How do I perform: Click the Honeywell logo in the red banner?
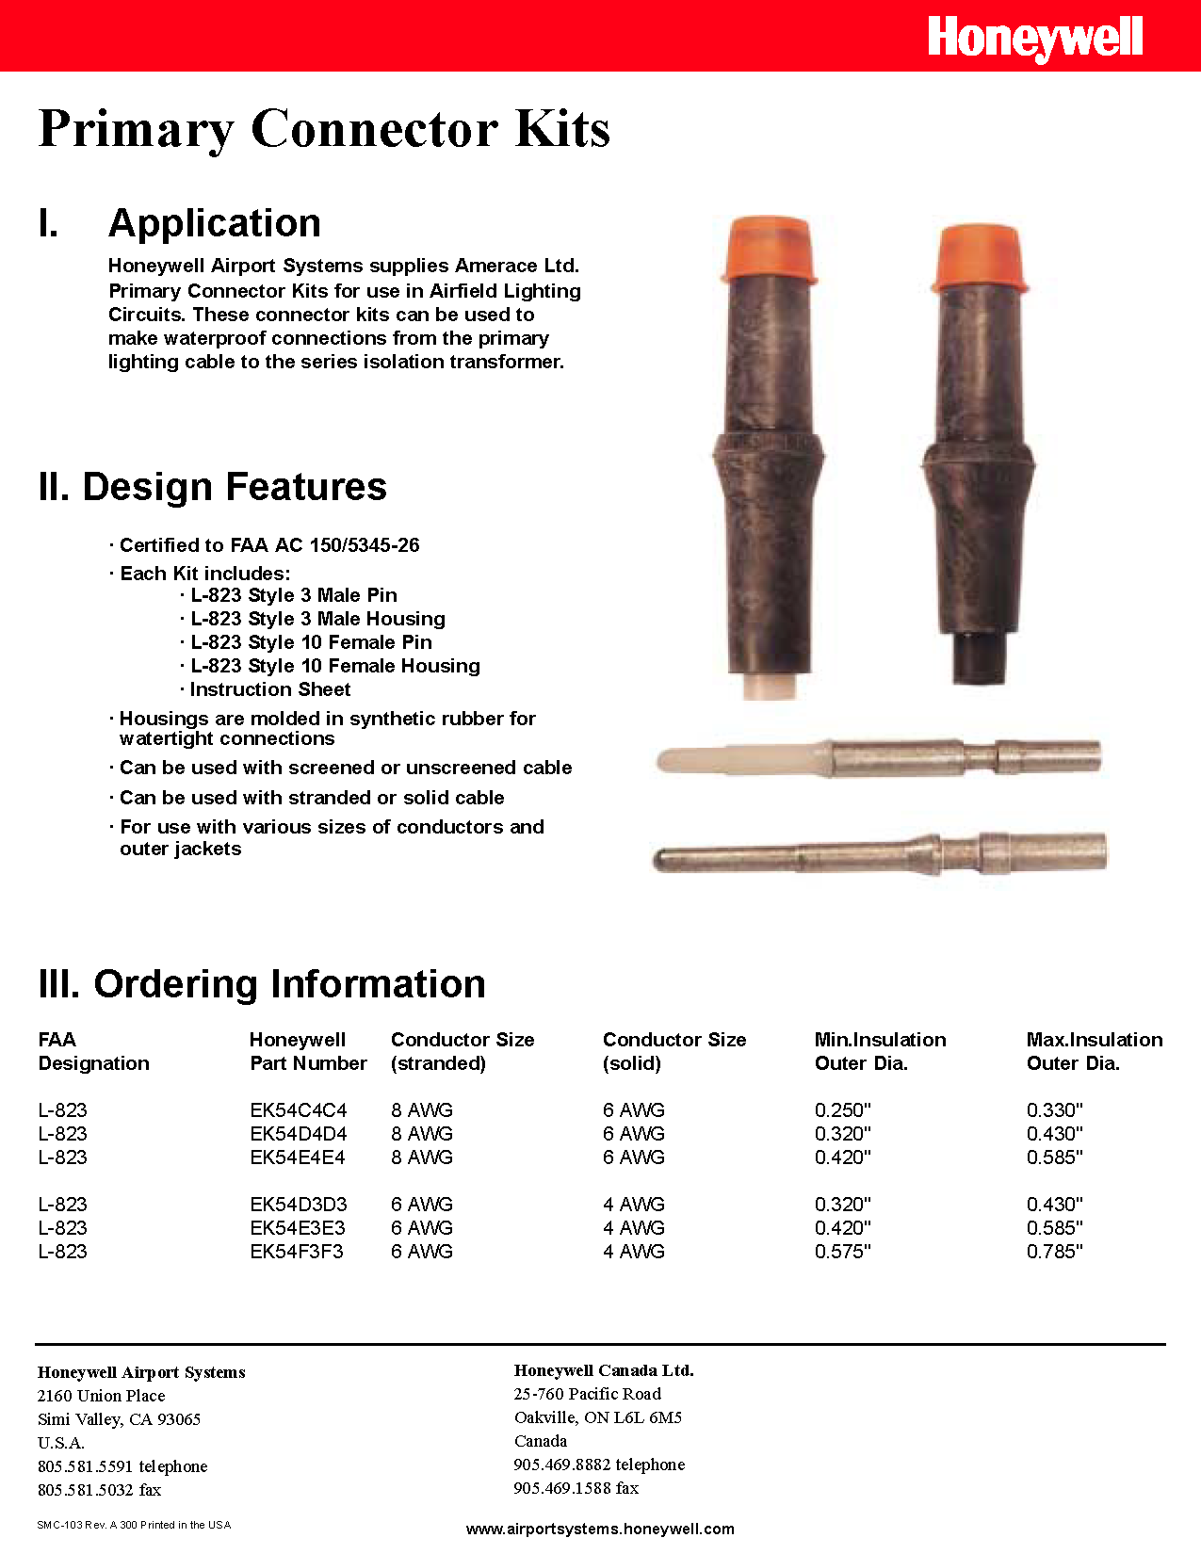1034,39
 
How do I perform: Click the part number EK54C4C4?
298,1110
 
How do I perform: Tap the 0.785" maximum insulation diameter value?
1054,1252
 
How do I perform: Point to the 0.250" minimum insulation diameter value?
842,1110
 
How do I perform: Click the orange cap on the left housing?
769,250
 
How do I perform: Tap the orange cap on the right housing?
980,257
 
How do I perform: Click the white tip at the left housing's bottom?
769,685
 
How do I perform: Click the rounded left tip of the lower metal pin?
663,859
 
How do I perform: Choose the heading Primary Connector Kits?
324,129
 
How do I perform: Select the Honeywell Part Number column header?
307,1051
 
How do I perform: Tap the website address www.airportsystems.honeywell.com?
600,1529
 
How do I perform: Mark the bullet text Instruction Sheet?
269,689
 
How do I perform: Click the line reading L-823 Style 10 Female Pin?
311,642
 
